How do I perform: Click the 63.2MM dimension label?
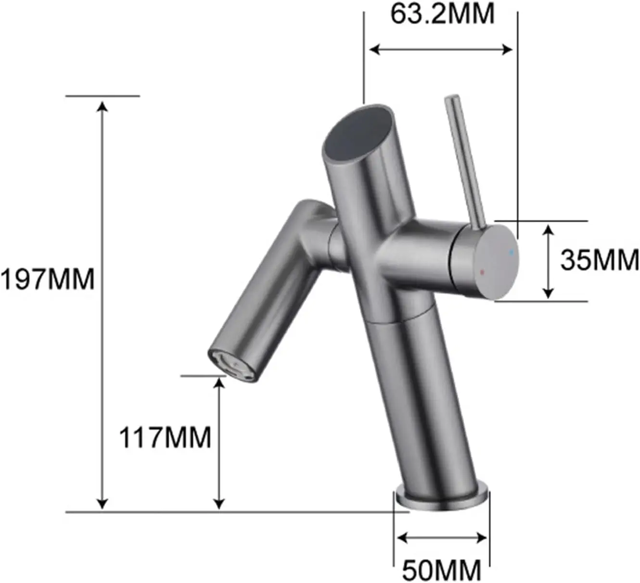coord(442,14)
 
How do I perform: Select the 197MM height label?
coord(48,279)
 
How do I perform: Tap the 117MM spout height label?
coord(165,437)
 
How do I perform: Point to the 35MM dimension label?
coord(600,260)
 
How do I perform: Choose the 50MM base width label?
coord(442,570)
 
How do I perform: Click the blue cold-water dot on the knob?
coord(512,252)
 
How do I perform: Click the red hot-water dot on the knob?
coord(482,272)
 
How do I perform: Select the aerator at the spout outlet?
coord(231,365)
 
